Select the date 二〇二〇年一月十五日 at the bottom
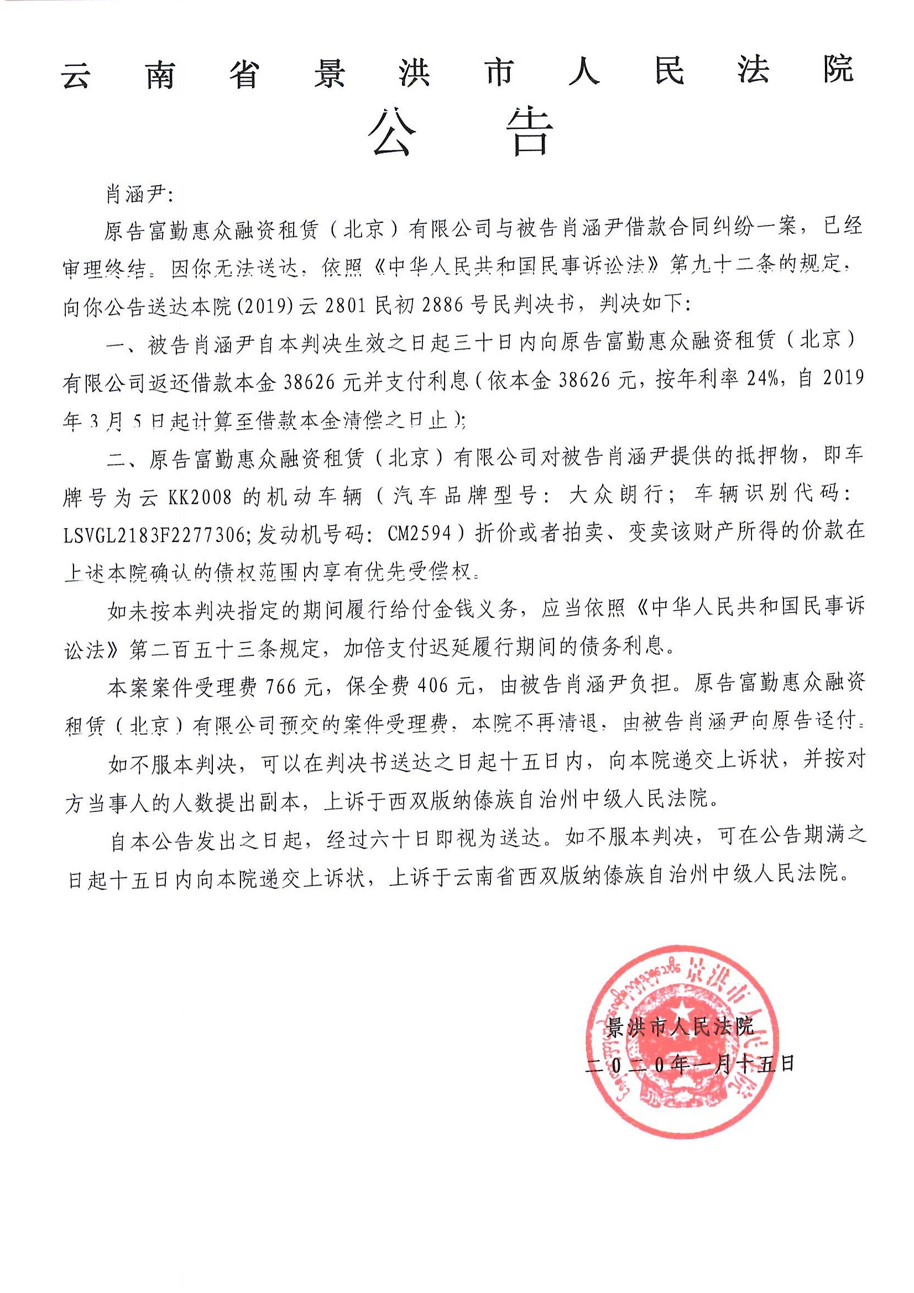pos(690,1064)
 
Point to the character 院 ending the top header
pos(838,70)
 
